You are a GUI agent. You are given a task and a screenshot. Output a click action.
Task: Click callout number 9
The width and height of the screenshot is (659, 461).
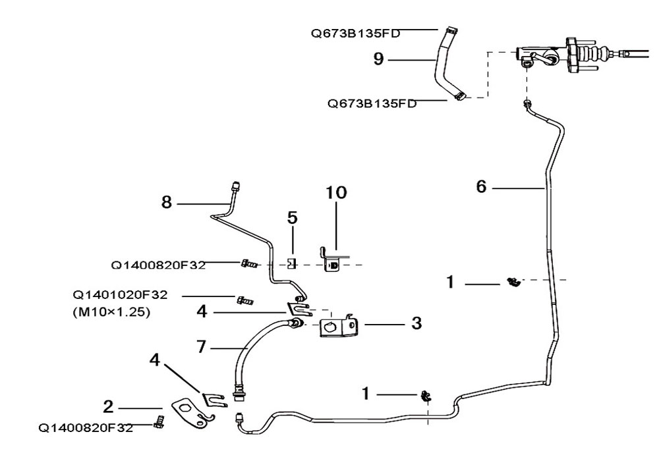point(378,59)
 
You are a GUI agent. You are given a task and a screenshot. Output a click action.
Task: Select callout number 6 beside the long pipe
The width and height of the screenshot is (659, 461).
point(481,187)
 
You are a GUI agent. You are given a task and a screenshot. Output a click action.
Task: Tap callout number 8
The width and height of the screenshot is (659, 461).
point(167,203)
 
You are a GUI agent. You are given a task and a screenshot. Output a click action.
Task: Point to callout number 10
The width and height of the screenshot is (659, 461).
point(336,192)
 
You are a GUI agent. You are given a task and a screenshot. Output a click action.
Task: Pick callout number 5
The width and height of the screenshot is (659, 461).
point(293,217)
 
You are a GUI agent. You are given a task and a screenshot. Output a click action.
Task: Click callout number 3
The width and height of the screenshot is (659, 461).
point(416,323)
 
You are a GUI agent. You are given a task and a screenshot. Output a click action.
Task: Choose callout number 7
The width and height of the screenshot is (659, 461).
point(202,345)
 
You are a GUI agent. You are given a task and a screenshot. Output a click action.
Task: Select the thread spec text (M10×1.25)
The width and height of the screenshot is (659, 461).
point(111,313)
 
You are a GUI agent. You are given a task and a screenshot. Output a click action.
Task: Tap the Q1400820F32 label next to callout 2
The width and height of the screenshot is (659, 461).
point(86,427)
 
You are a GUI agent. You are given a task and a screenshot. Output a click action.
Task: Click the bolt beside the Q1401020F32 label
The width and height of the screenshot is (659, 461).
point(244,300)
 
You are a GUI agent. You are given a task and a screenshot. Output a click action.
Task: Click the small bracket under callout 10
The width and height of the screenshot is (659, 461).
point(331,261)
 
